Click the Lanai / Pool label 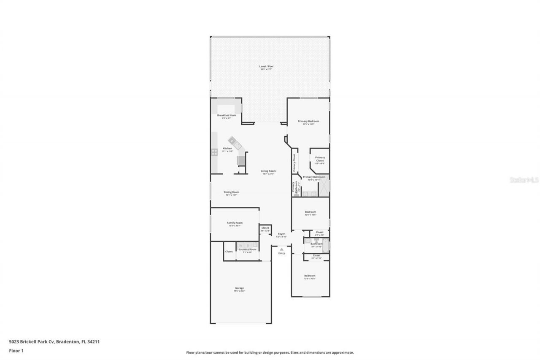coord(266,66)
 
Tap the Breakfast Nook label coord(227,115)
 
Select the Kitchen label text coord(227,149)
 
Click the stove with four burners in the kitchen coord(214,152)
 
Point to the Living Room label coord(268,171)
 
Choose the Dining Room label coord(231,192)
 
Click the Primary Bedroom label coord(308,121)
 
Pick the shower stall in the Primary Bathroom coord(324,186)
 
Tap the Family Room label coord(235,223)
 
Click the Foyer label coord(281,234)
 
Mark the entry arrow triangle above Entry coord(281,249)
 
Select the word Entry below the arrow coord(281,253)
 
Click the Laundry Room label coord(247,249)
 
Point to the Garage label coord(239,288)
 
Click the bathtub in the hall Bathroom coord(325,246)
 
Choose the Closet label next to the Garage coord(229,252)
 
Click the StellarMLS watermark coord(524,180)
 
